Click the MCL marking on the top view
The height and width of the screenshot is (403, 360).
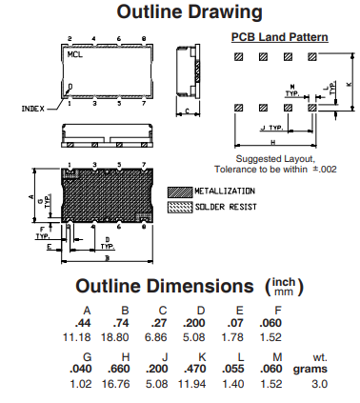(x=75, y=54)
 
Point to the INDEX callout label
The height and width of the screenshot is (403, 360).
(x=33, y=109)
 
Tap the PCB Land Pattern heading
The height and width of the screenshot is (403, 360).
(x=279, y=37)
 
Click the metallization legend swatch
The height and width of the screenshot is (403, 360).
(x=180, y=192)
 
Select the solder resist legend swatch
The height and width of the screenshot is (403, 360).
(x=180, y=208)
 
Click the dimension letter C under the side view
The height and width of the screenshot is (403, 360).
(x=188, y=111)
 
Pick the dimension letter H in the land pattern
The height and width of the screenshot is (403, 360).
(x=273, y=142)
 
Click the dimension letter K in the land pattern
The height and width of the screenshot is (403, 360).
(x=350, y=84)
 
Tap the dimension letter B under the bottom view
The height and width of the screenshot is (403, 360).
(x=108, y=258)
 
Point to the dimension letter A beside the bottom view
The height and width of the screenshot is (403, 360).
(x=30, y=196)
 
